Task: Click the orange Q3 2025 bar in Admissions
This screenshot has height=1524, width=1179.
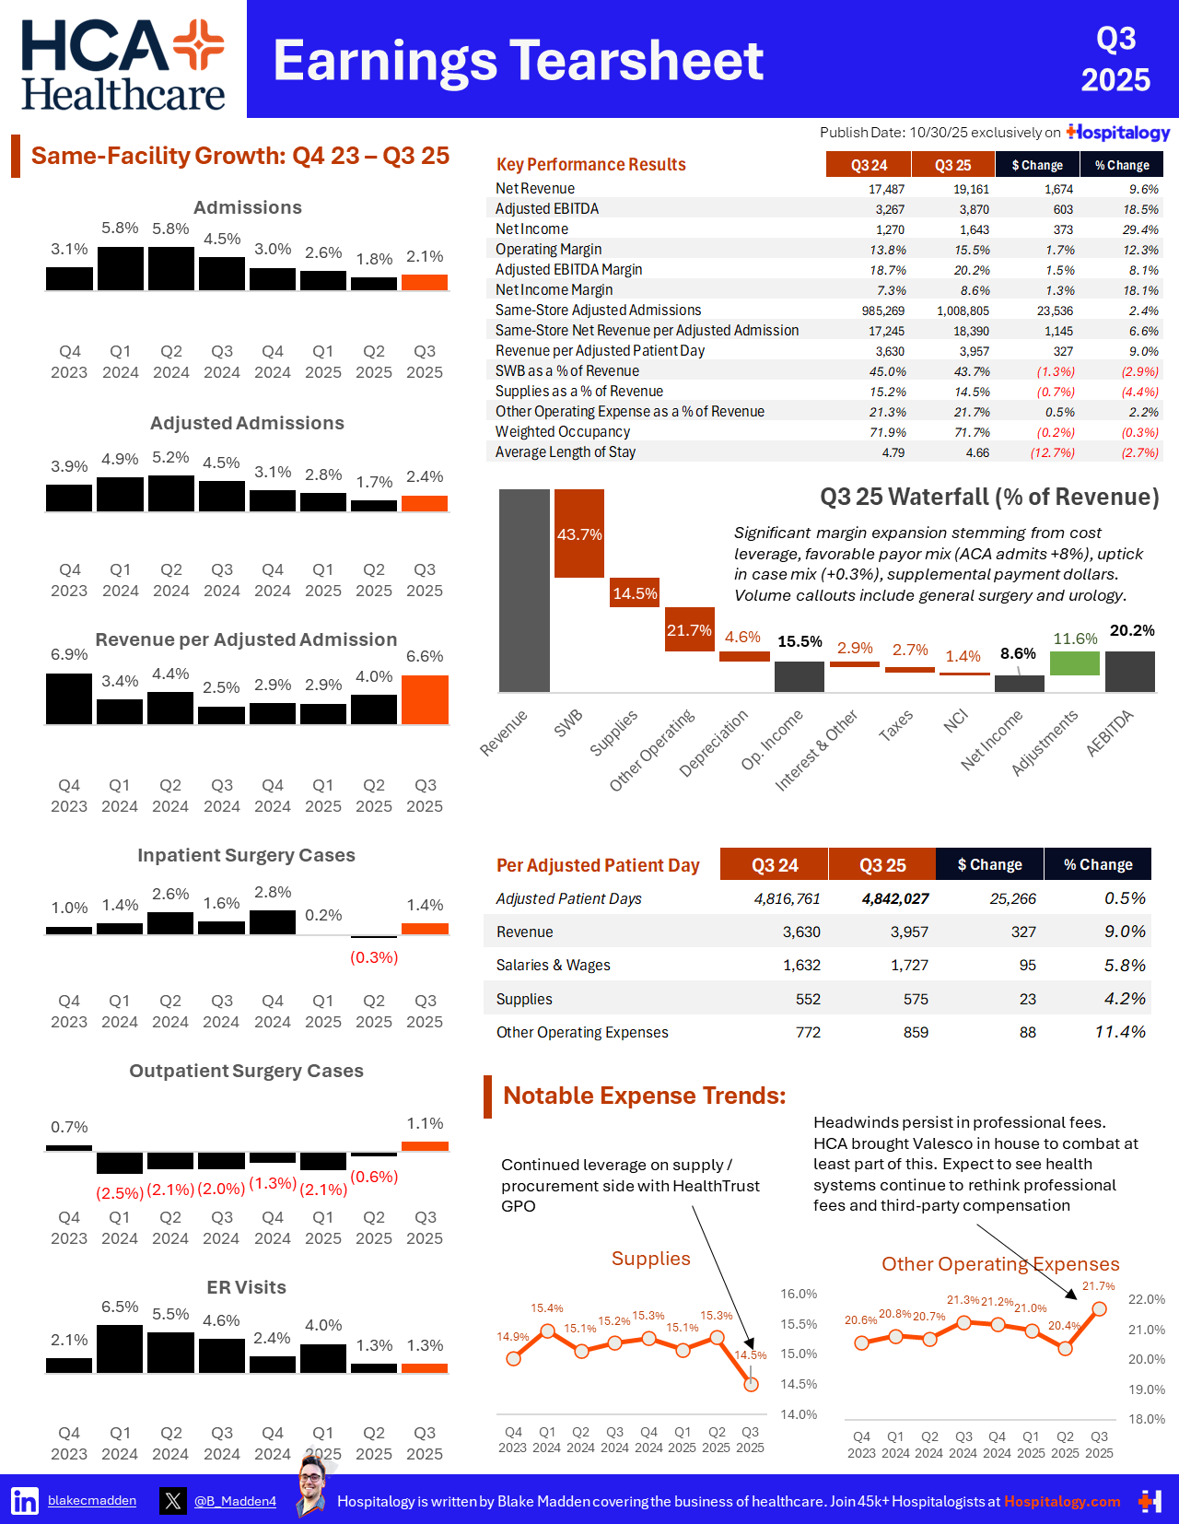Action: click(x=425, y=282)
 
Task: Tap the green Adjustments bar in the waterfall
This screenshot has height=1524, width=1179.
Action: click(x=1075, y=662)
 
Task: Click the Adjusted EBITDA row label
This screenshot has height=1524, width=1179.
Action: click(x=547, y=209)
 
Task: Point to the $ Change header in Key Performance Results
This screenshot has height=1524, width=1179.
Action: click(x=1037, y=165)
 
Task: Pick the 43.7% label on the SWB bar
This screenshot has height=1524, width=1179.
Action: click(x=579, y=534)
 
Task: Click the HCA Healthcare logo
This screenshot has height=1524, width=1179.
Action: click(x=123, y=64)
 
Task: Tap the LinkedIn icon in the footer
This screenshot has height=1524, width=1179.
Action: click(x=25, y=1501)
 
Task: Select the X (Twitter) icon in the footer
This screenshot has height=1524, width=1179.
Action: click(x=172, y=1501)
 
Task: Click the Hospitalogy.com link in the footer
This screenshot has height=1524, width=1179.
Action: click(x=1062, y=1501)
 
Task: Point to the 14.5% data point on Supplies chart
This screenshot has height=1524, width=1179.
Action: click(x=751, y=1384)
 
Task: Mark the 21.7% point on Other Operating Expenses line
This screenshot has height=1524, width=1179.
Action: click(x=1099, y=1308)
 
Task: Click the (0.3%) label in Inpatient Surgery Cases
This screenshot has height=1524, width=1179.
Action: click(x=374, y=957)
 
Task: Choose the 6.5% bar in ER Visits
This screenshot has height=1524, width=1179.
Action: click(x=120, y=1349)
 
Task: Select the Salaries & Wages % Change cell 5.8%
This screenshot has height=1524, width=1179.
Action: click(x=1125, y=966)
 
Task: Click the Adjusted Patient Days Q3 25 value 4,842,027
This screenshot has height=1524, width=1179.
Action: click(x=895, y=898)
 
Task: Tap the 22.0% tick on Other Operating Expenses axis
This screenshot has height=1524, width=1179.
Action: click(x=1147, y=1299)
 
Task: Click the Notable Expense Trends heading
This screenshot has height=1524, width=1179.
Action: click(x=644, y=1096)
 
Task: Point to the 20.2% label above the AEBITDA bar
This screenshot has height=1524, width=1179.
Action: click(x=1132, y=630)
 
